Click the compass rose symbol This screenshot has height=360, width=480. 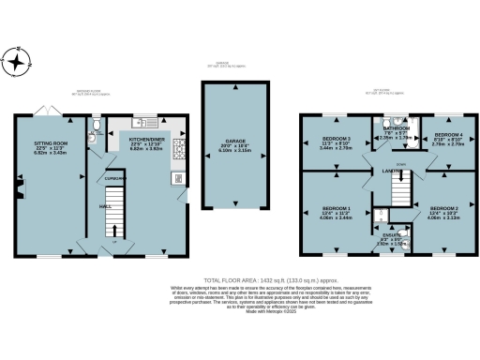pos(18,63)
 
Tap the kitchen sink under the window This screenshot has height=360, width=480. pos(143,122)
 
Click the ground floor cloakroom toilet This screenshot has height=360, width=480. pos(97,123)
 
